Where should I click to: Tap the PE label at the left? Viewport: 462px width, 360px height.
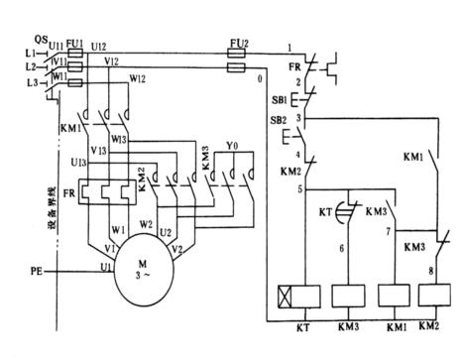point(37,267)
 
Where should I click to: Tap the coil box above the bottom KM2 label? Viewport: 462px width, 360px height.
point(430,295)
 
